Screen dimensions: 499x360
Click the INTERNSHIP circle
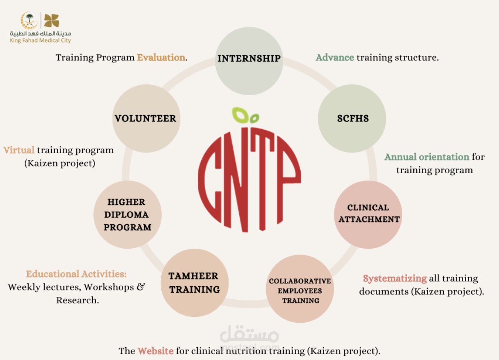pyautogui.click(x=249, y=61)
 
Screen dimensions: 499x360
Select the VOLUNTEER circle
pyautogui.click(x=146, y=119)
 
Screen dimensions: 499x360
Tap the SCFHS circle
pyautogui.click(x=352, y=119)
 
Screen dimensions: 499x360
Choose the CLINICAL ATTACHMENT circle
pyautogui.click(x=368, y=214)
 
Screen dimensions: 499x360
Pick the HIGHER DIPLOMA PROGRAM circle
pyautogui.click(x=128, y=215)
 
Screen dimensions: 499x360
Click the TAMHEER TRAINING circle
pyautogui.click(x=194, y=283)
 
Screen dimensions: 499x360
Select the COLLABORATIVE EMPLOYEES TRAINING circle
pyautogui.click(x=300, y=289)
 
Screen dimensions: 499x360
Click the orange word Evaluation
pyautogui.click(x=161, y=57)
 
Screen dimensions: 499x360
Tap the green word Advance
pyautogui.click(x=335, y=57)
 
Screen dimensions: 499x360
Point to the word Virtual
pyautogui.click(x=19, y=150)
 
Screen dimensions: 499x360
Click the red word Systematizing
pyautogui.click(x=395, y=279)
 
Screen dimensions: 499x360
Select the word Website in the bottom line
pyautogui.click(x=156, y=351)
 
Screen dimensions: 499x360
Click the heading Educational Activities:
pyautogui.click(x=76, y=274)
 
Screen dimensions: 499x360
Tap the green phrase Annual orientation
pyautogui.click(x=427, y=157)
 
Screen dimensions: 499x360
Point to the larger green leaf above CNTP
pyautogui.click(x=240, y=115)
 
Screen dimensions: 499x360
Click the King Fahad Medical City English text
pyautogui.click(x=40, y=41)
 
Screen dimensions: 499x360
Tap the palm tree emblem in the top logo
pyautogui.click(x=29, y=20)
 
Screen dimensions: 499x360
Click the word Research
pyautogui.click(x=77, y=300)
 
